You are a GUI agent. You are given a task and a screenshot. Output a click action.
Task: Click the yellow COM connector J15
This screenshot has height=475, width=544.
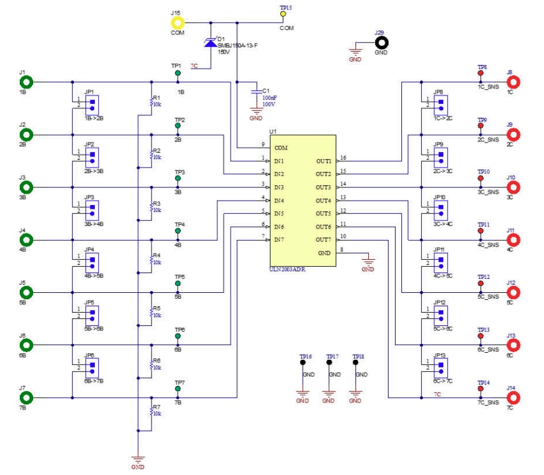coord(177,23)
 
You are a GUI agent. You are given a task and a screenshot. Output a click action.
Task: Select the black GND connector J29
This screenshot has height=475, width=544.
coord(382,43)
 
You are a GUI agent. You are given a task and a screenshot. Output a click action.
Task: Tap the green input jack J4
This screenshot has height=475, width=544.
coord(26,240)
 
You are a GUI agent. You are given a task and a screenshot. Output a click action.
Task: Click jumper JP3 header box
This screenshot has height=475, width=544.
coord(92,209)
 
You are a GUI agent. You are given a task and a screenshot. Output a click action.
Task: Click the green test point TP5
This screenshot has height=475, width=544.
coord(178,284)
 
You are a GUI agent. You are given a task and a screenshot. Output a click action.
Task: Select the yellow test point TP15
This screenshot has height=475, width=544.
coord(283,13)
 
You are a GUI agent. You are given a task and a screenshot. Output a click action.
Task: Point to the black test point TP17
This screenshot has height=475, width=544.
coord(329,362)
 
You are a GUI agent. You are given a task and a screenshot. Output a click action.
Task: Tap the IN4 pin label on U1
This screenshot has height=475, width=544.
coord(280,201)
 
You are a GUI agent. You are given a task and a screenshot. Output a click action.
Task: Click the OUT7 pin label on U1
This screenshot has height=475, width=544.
coord(324,239)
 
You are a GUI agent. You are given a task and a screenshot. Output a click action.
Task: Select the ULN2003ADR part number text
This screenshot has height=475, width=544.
coord(288,269)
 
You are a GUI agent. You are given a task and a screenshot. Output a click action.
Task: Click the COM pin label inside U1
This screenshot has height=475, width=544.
coord(281,148)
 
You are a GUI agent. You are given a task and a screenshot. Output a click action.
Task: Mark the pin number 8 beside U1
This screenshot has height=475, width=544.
coord(343,249)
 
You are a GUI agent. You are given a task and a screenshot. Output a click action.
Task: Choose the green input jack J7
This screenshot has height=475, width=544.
coord(26,397)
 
